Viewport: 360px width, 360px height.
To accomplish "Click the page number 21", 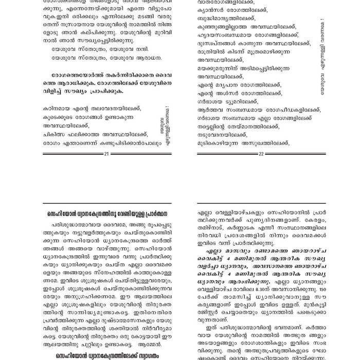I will pos(106,154).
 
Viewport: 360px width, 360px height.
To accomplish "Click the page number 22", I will pos(261,154).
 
